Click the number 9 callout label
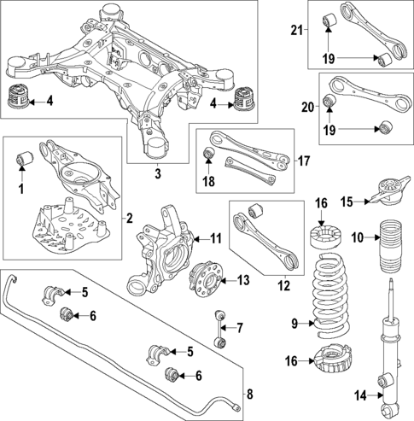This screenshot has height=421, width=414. (294, 324)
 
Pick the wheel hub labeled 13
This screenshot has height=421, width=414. (205, 278)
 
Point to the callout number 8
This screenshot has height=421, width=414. (249, 394)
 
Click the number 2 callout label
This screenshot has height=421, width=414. (130, 219)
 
